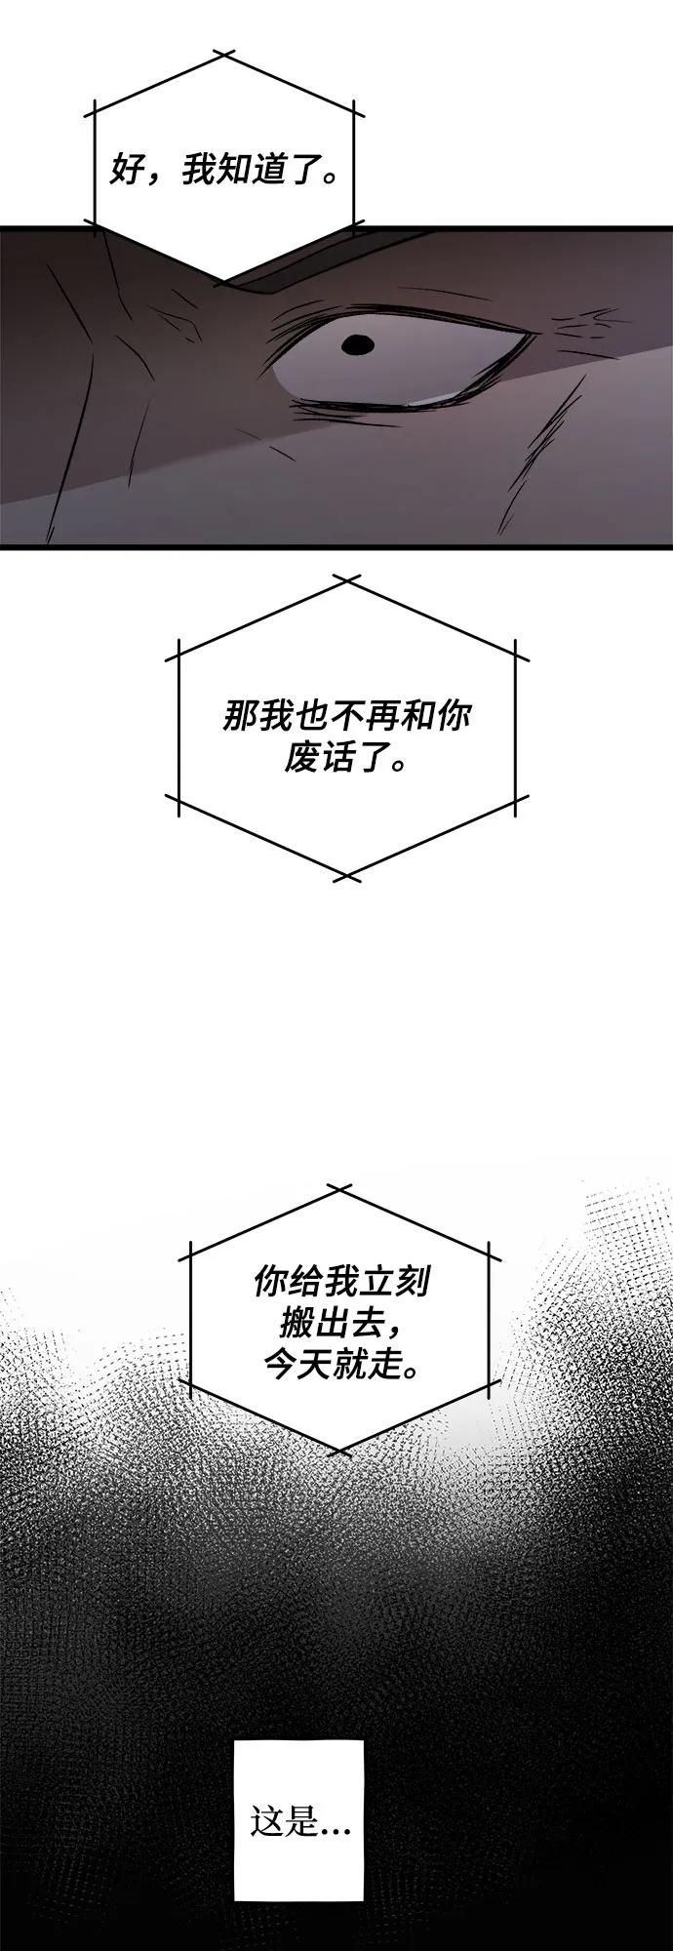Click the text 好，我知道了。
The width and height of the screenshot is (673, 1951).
coord(223,173)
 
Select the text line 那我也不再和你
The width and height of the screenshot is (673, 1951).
coord(346,718)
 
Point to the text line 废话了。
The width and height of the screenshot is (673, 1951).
coord(346,758)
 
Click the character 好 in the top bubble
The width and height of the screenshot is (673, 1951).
coord(126,173)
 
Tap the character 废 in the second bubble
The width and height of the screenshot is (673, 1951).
coord(302,758)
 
